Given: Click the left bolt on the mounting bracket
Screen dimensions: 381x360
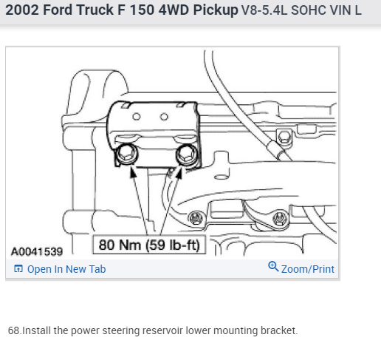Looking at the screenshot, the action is click(126, 154).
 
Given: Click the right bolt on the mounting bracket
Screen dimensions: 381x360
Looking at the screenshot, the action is click(187, 154).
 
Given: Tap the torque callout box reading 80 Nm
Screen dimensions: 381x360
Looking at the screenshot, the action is click(149, 245).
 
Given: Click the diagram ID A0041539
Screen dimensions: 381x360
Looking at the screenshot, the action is click(37, 251).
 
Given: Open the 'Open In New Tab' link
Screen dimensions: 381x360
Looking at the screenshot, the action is click(66, 269).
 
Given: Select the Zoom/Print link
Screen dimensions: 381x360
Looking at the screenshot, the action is click(308, 269).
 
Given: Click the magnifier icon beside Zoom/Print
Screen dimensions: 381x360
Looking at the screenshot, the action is click(273, 267).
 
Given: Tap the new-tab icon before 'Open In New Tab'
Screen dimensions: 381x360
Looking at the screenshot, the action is click(18, 268).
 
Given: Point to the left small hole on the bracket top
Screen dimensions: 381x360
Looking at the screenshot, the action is click(137, 116).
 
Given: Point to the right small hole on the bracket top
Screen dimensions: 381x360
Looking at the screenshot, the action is click(164, 117).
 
